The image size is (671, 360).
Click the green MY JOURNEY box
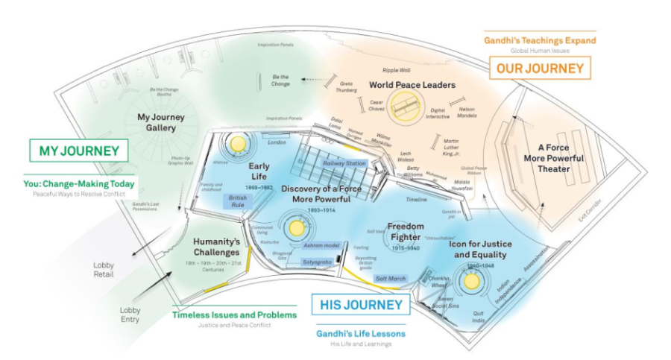pyautogui.click(x=78, y=151)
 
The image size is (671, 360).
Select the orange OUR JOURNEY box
pyautogui.click(x=539, y=69)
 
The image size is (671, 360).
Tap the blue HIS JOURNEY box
pyautogui.click(x=361, y=304)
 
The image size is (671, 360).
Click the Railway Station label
pyautogui.click(x=344, y=163)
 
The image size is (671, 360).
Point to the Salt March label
pyautogui.click(x=391, y=278)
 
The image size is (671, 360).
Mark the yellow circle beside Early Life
pyautogui.click(x=239, y=144)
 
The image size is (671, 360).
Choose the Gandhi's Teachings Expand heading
pyautogui.click(x=541, y=40)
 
